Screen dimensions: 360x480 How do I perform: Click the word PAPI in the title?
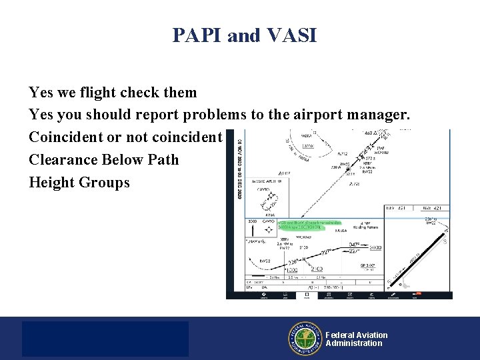click(197, 35)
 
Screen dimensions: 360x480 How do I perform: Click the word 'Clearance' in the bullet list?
click(63, 160)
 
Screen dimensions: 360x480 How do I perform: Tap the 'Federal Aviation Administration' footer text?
click(356, 339)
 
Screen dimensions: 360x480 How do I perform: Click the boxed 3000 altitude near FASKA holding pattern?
click(376, 247)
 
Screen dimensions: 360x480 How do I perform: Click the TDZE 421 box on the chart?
click(433, 209)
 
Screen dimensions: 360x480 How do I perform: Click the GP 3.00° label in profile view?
click(368, 265)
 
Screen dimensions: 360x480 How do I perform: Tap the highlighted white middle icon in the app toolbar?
click(306, 294)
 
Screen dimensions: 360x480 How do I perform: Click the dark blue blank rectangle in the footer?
click(105, 339)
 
